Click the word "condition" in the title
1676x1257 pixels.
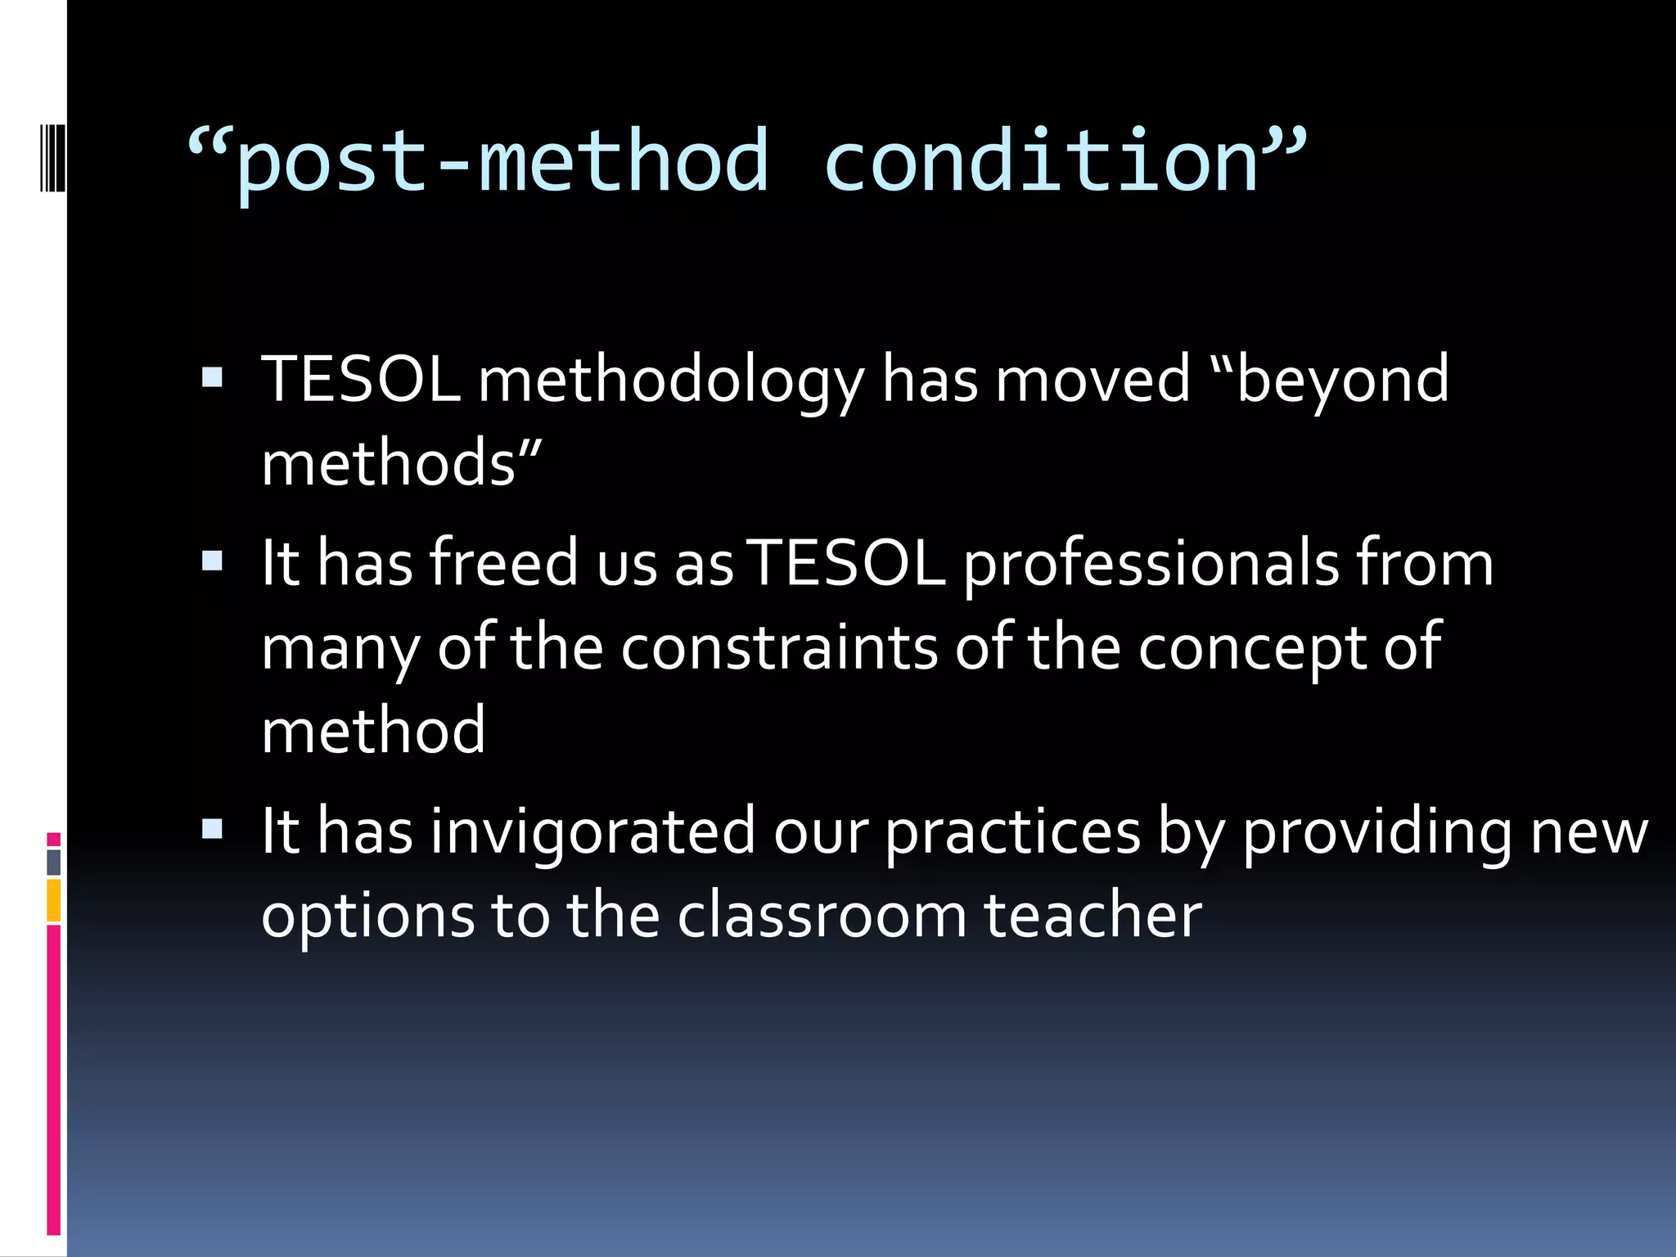click(x=1041, y=162)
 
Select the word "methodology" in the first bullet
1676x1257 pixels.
click(x=670, y=381)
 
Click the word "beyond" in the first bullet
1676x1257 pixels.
click(x=1342, y=380)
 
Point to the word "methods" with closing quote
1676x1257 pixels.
click(x=401, y=463)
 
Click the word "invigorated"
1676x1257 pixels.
click(x=592, y=832)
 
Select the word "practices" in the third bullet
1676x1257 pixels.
click(x=1013, y=832)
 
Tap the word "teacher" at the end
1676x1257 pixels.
click(x=1092, y=915)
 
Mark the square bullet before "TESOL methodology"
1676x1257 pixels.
click(x=212, y=377)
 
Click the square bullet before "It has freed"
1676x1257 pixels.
click(x=212, y=561)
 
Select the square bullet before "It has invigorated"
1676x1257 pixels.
click(x=212, y=829)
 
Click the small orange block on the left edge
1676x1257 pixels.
click(x=53, y=900)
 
